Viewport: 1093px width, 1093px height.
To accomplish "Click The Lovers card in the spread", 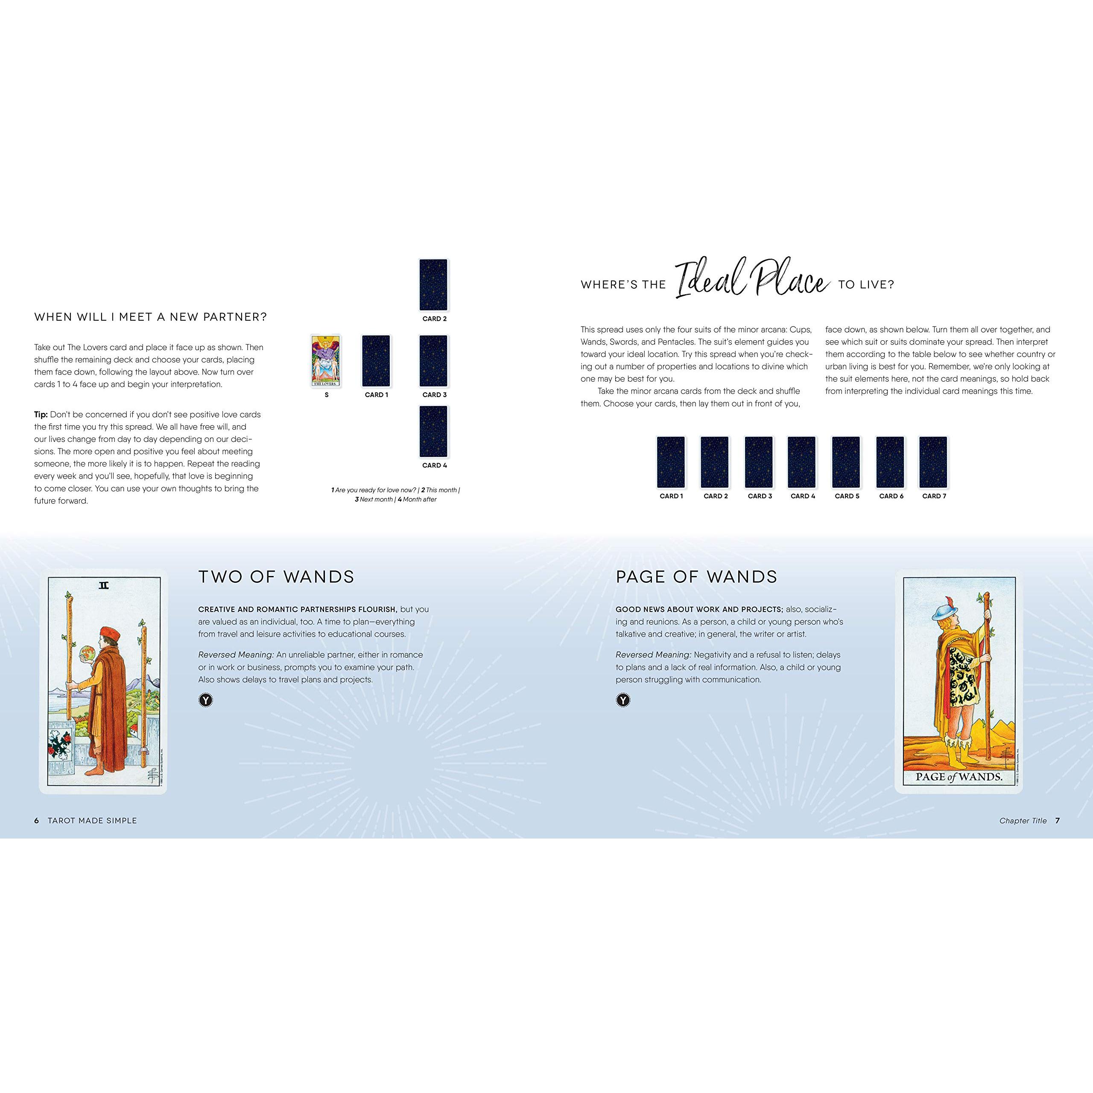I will pyautogui.click(x=327, y=361).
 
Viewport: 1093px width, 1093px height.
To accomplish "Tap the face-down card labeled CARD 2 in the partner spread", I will pyautogui.click(x=433, y=285).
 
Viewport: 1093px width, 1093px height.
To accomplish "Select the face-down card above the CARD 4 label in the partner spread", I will pyautogui.click(x=433, y=431).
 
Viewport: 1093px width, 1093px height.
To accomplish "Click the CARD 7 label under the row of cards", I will pyautogui.click(x=934, y=496).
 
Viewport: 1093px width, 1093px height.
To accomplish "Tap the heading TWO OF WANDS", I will pyautogui.click(x=276, y=577).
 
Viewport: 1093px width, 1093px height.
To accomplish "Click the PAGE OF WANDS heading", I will pyautogui.click(x=696, y=577).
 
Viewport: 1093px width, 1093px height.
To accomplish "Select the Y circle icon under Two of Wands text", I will pyautogui.click(x=205, y=700).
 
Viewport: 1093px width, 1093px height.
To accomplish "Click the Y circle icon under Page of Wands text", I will pyautogui.click(x=623, y=700).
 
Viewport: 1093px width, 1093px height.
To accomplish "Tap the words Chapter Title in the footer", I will pyautogui.click(x=1023, y=821).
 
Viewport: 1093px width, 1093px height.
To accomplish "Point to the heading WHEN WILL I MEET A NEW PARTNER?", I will pyautogui.click(x=150, y=317).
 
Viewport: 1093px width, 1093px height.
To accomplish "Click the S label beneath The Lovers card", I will pyautogui.click(x=327, y=395).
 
